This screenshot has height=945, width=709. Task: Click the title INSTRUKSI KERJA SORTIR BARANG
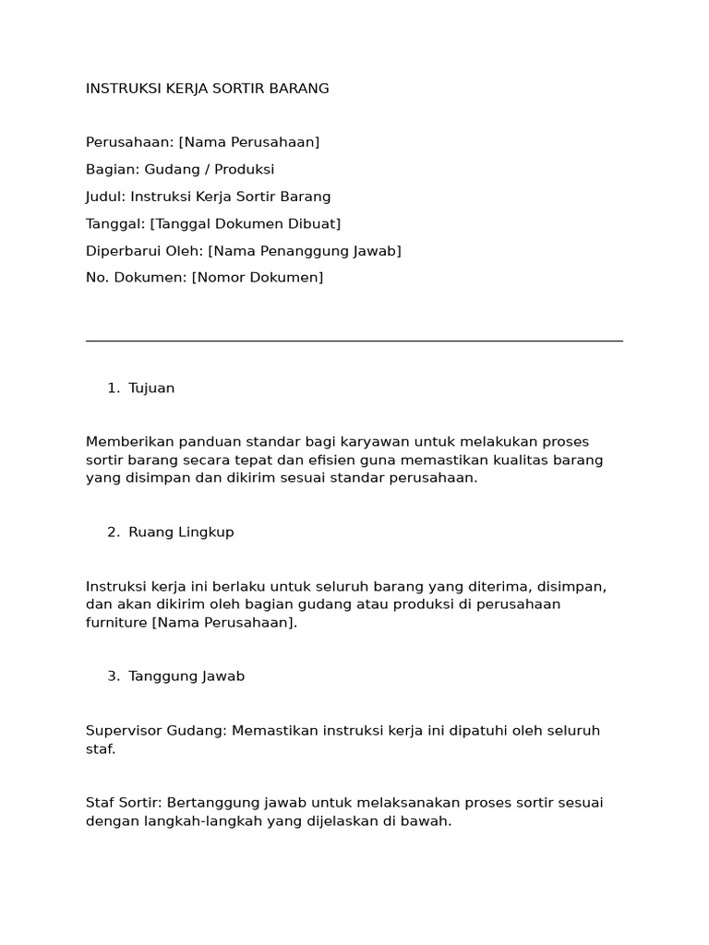[x=207, y=89]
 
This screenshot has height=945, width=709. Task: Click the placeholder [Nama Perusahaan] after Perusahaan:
[x=249, y=142]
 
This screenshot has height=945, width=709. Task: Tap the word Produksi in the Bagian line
[x=243, y=170]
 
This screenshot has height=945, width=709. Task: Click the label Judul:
[x=106, y=197]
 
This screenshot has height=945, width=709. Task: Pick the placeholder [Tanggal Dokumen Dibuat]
[x=246, y=223]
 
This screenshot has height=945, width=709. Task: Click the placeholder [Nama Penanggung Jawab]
[x=305, y=251]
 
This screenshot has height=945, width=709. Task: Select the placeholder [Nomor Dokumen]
[x=258, y=278]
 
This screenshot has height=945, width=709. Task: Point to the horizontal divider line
[x=354, y=341]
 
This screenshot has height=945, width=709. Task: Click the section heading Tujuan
[x=151, y=389]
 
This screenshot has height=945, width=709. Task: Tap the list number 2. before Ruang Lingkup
[x=114, y=532]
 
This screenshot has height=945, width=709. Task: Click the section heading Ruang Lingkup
[x=181, y=532]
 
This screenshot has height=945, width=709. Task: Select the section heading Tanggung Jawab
[x=186, y=676]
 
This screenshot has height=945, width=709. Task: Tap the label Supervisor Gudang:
[x=155, y=731]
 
